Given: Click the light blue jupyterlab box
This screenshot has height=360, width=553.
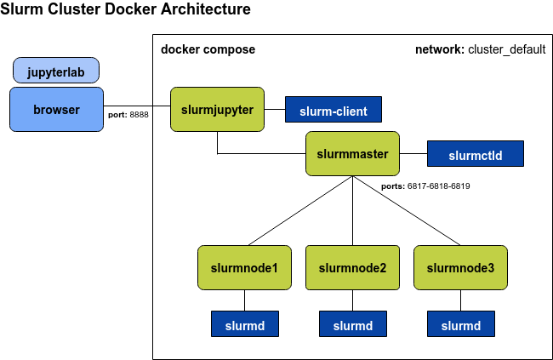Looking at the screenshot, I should tap(56, 71).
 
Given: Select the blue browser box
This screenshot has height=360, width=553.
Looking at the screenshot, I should tap(56, 110).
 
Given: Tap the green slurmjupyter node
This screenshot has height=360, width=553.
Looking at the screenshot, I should tap(217, 110).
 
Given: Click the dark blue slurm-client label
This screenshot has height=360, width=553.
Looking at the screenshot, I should tap(333, 111).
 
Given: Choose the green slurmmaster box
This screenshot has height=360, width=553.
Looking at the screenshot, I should tap(352, 154).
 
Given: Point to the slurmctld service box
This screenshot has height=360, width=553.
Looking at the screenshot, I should tap(475, 155).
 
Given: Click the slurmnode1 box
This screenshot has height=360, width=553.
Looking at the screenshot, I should tap(244, 268).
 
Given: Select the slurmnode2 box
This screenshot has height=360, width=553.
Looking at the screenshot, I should tap(352, 268).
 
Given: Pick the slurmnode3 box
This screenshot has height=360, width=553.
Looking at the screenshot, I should tap(460, 268).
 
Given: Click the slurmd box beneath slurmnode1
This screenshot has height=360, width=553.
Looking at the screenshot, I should tap(245, 325).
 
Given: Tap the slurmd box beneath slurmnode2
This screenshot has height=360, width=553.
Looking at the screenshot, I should tap(353, 325).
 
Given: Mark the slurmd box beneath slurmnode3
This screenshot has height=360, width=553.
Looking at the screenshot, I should tap(461, 325).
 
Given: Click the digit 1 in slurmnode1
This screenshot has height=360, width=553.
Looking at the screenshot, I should tap(275, 268).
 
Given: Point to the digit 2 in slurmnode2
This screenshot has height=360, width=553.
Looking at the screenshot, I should tap(383, 268).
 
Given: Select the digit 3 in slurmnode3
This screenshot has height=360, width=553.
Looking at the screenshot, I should tap(491, 268).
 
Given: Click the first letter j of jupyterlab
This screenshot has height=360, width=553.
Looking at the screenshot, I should tap(30, 72).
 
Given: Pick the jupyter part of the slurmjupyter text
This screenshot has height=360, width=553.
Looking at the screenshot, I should tap(233, 110).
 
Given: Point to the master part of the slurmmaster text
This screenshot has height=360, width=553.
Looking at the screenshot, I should tap(369, 154).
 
